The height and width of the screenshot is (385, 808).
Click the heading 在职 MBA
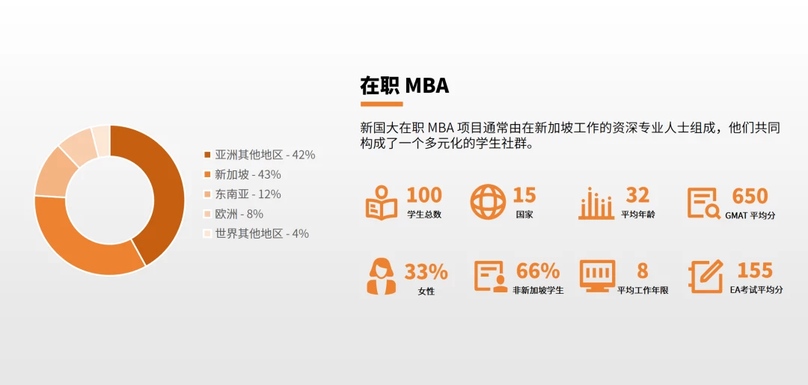(x=405, y=85)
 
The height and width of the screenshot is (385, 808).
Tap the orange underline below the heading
(x=382, y=104)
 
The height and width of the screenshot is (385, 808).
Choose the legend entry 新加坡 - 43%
(x=242, y=174)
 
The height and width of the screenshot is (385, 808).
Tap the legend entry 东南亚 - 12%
(x=242, y=194)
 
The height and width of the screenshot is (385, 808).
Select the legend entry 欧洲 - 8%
(x=233, y=214)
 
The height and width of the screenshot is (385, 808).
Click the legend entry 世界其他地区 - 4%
(x=256, y=233)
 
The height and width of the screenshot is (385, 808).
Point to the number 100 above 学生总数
(x=424, y=196)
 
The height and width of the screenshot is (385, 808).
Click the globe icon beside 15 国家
(x=488, y=202)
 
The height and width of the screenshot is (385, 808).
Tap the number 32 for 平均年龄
(x=637, y=196)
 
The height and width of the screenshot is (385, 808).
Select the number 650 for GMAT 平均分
(x=750, y=196)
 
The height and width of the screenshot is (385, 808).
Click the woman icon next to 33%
(x=382, y=277)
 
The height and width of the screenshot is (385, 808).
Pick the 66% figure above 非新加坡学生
(x=538, y=271)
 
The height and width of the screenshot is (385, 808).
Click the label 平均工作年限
(x=643, y=291)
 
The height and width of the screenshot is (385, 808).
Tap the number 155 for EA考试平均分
(x=755, y=270)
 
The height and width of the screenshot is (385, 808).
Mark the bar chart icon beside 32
(x=596, y=203)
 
